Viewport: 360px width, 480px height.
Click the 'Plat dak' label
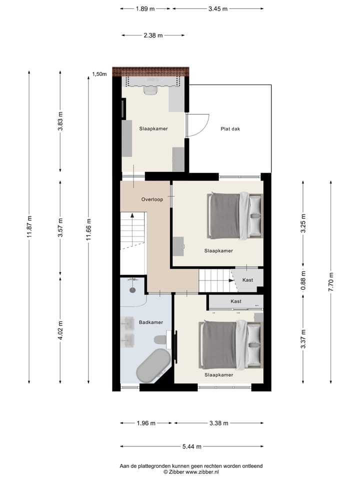click(230, 128)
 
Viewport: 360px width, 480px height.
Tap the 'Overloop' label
click(152, 199)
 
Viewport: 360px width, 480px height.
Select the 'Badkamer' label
click(151, 322)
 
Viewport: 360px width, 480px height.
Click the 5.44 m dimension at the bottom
click(191, 446)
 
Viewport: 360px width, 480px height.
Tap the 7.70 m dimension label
click(331, 282)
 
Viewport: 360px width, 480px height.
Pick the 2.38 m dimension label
click(153, 35)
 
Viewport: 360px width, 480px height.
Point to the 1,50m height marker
click(99, 74)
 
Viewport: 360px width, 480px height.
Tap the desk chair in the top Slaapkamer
click(150, 90)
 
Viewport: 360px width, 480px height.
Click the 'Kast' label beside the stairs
click(247, 280)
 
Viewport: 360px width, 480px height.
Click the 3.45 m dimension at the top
click(218, 8)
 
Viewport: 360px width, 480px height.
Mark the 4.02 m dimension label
click(60, 330)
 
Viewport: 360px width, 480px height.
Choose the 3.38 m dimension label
click(218, 423)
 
